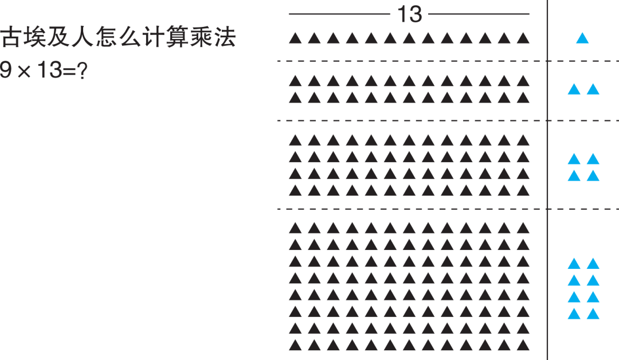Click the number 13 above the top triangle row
[410, 14]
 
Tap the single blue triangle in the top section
[582, 39]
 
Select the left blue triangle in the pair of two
[574, 89]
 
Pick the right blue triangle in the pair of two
[593, 89]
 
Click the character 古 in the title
[11, 38]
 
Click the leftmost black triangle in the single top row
[295, 39]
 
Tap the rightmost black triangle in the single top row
[522, 39]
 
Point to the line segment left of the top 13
[339, 14]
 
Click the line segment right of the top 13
[479, 14]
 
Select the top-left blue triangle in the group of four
[574, 159]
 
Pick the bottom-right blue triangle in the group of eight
[593, 314]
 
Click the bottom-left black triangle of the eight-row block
[295, 346]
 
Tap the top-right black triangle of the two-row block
[522, 81]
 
